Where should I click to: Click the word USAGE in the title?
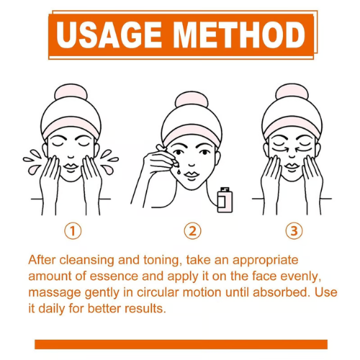click(109, 35)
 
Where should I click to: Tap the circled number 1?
click(73, 231)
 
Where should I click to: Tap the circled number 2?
click(193, 231)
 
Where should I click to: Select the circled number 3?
click(294, 231)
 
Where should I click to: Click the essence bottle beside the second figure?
click(225, 200)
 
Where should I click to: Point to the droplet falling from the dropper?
click(179, 172)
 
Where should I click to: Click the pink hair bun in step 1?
click(71, 92)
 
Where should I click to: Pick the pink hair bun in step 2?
click(192, 99)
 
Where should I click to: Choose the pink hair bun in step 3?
click(292, 91)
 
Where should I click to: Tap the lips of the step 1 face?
click(71, 167)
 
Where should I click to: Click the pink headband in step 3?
click(292, 127)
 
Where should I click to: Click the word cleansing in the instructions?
click(86, 260)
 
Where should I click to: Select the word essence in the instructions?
click(114, 276)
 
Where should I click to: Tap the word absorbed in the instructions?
click(280, 292)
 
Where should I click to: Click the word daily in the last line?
click(51, 309)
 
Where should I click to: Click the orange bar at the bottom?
click(181, 344)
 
